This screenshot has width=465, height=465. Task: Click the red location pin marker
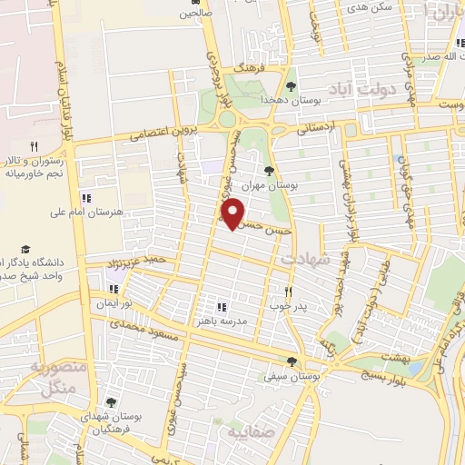coord(234,213)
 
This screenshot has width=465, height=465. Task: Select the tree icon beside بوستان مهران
coord(268,169)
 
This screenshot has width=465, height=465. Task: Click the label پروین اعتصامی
coord(162,133)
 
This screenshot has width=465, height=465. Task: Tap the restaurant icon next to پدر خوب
coord(289,292)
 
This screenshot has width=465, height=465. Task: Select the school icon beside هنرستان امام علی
coord(85,197)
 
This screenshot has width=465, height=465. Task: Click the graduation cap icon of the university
coord(26,249)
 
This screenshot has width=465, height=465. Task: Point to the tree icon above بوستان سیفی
coord(291,361)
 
